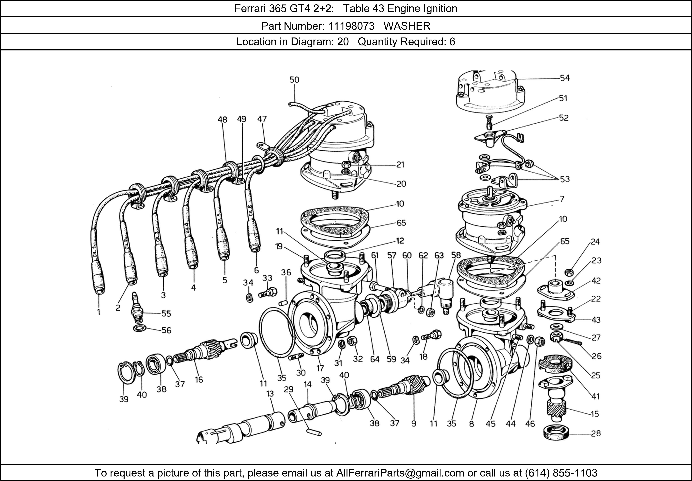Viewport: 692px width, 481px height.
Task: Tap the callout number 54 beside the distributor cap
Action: (565, 78)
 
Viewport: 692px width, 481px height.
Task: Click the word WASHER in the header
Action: (407, 26)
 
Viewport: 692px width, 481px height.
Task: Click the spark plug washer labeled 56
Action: (140, 328)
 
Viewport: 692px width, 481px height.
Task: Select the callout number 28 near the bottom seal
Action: (596, 433)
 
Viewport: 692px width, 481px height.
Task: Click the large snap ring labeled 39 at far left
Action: (125, 373)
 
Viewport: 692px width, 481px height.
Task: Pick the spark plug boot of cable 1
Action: (98, 279)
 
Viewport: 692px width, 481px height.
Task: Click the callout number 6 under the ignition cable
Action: (256, 270)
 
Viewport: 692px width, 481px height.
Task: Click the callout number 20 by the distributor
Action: (401, 184)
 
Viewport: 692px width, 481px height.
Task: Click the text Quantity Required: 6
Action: (406, 41)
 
